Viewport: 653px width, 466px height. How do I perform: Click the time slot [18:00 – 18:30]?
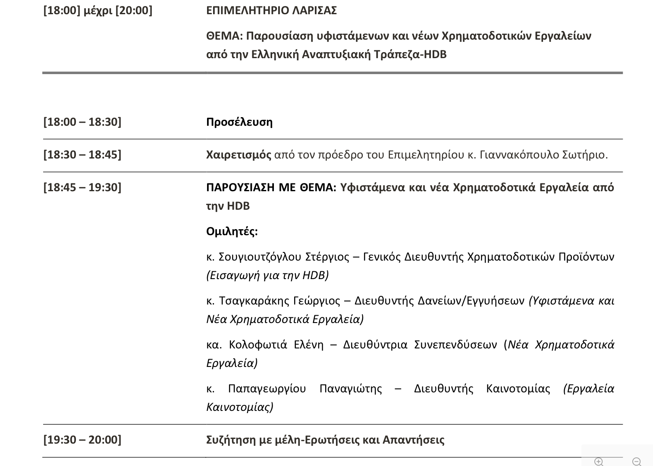click(82, 122)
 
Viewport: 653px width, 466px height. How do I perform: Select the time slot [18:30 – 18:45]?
click(82, 155)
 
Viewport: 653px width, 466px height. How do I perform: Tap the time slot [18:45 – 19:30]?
click(82, 187)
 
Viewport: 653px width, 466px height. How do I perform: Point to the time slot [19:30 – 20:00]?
click(82, 440)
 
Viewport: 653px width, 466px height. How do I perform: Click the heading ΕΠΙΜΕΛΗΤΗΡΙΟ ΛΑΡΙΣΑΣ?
click(271, 10)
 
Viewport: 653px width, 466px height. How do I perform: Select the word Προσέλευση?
click(239, 122)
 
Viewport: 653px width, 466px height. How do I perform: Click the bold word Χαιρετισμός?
click(239, 155)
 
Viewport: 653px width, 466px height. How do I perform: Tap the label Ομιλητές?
click(232, 231)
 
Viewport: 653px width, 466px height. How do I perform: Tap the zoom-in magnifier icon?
click(599, 461)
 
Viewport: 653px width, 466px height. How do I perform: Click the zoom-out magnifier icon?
click(636, 461)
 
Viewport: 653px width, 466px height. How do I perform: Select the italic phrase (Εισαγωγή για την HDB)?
click(267, 275)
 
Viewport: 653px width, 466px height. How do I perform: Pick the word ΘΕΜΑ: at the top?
click(224, 36)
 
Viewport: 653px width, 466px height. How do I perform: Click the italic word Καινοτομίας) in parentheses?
click(239, 407)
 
